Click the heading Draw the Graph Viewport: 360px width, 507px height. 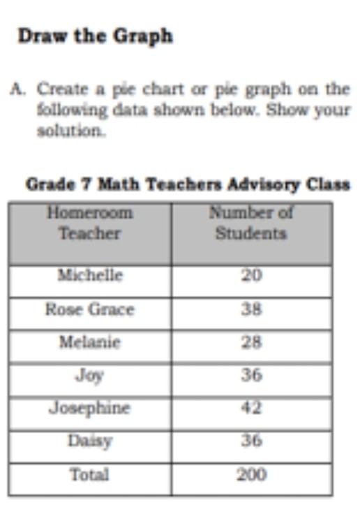[x=94, y=36]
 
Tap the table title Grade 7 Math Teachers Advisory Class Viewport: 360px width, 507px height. [x=188, y=185]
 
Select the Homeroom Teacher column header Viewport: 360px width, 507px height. [x=89, y=223]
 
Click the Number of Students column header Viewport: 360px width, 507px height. [x=251, y=223]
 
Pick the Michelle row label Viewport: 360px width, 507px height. [x=89, y=275]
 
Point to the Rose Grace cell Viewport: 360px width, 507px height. [x=89, y=309]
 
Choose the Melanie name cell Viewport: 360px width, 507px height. [x=89, y=342]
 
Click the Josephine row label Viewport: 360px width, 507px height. [x=89, y=408]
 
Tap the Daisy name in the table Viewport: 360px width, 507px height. [x=89, y=441]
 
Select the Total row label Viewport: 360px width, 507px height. [x=89, y=475]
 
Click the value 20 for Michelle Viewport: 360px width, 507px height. [x=251, y=275]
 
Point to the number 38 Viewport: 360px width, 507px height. [x=251, y=309]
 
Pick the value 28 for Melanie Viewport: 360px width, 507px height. [x=251, y=342]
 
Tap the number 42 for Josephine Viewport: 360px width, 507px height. [x=251, y=408]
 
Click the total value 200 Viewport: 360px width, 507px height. [x=251, y=475]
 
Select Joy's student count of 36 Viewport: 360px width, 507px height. [x=251, y=375]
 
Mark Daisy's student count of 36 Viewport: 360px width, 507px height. [x=251, y=441]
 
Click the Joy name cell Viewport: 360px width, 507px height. [x=89, y=375]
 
